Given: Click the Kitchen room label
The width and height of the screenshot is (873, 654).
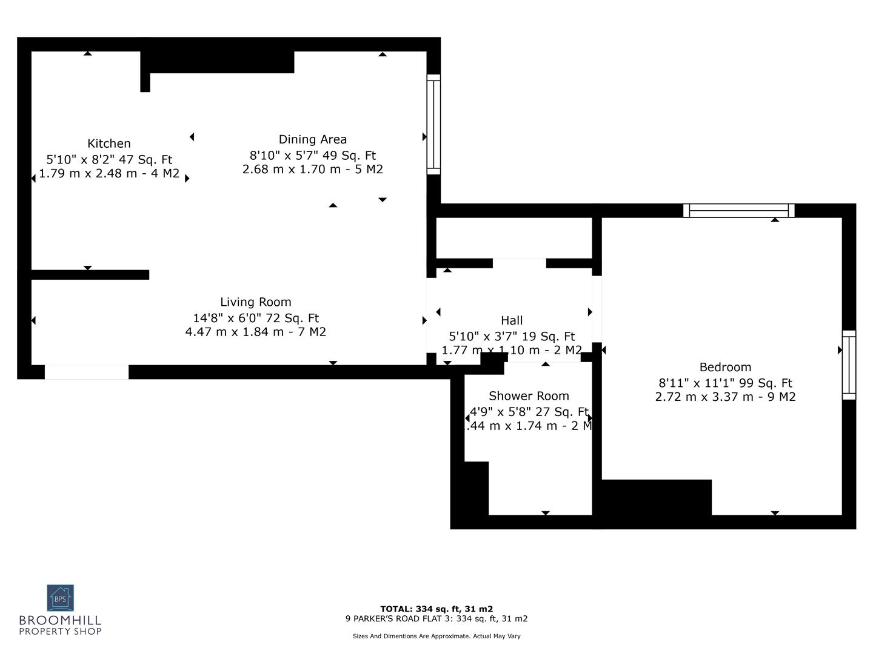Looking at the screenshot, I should click(x=109, y=144).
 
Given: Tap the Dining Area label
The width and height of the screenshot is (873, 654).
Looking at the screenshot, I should click(x=312, y=139).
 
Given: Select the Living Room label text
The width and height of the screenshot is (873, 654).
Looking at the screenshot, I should click(x=255, y=302).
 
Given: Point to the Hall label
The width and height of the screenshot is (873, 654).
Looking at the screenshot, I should click(x=512, y=320).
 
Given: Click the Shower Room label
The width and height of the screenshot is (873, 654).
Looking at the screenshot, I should click(x=529, y=396).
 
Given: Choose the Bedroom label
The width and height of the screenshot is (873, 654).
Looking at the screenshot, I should click(x=725, y=367).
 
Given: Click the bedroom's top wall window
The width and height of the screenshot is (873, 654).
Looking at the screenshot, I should click(x=738, y=210).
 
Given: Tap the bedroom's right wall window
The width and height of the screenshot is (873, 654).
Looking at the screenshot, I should click(x=849, y=365).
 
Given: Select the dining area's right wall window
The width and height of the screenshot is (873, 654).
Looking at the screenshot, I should click(x=433, y=124).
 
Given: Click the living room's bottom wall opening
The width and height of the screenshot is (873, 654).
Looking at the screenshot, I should click(x=87, y=372).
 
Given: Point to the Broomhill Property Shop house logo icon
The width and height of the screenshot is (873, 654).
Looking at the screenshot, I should click(x=60, y=598).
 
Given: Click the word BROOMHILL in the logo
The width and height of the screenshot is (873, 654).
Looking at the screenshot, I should click(x=60, y=621).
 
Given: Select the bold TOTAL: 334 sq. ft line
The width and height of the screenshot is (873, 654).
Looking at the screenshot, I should click(x=436, y=609).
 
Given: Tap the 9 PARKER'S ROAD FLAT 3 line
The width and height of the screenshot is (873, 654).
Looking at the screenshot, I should click(x=436, y=619).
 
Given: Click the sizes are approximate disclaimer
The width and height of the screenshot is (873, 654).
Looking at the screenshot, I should click(x=436, y=636).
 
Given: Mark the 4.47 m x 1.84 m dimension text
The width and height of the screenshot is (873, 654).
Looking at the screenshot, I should click(x=255, y=332).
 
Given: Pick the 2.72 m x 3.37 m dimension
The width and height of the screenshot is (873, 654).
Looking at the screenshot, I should click(x=725, y=397).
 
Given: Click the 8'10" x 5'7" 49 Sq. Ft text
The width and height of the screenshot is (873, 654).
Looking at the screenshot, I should click(x=312, y=156).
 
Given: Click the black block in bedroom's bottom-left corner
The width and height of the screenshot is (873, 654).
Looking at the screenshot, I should click(x=656, y=497).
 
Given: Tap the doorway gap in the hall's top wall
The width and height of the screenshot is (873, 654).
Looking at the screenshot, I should click(x=519, y=263).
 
